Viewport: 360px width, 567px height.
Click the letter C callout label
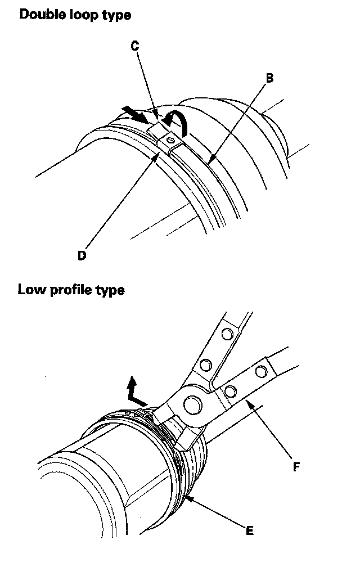(x=135, y=47)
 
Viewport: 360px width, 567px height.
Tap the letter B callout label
(x=269, y=78)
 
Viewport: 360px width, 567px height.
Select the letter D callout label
(x=82, y=255)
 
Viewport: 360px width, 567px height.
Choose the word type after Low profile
(x=109, y=291)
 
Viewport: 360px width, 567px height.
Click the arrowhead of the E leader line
(x=187, y=497)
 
